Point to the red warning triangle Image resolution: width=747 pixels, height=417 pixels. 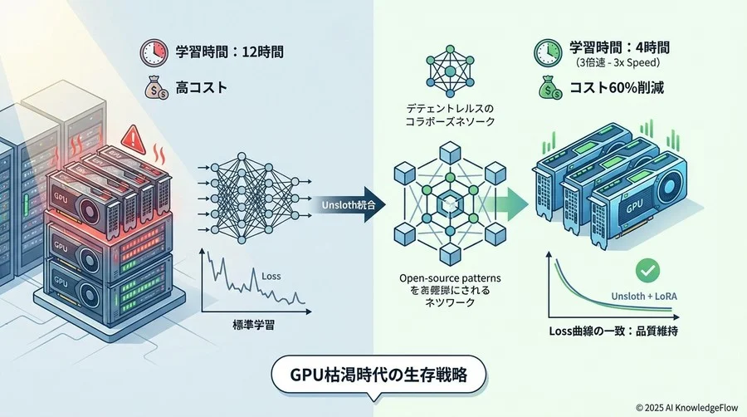(x=131, y=136)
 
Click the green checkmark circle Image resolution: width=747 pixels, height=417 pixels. (x=647, y=270)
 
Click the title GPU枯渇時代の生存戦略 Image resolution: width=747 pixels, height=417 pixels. (x=373, y=373)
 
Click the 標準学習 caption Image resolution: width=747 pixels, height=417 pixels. (x=251, y=327)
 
